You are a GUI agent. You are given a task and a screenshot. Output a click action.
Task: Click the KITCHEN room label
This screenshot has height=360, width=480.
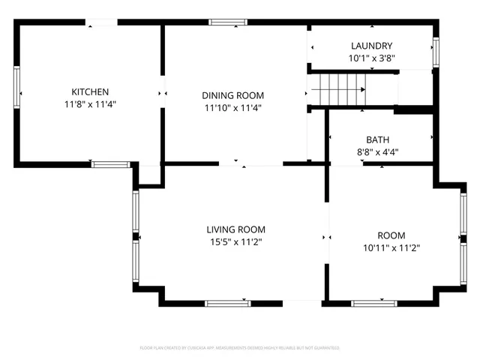point(91,91)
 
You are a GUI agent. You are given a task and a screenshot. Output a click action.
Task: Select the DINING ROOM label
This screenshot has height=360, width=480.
point(232,95)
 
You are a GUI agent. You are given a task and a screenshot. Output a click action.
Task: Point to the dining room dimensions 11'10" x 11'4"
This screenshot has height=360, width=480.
point(232,107)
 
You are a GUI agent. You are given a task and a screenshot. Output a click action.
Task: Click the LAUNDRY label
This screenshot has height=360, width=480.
point(371,46)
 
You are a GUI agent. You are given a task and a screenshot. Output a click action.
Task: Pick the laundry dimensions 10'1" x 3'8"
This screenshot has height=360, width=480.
point(371,58)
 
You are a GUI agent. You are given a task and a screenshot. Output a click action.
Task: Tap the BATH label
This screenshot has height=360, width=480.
point(377,139)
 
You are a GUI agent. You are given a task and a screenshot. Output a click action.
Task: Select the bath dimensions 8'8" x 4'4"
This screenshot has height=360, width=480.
point(377,151)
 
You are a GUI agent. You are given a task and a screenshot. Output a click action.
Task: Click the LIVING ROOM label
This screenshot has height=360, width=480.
point(236,229)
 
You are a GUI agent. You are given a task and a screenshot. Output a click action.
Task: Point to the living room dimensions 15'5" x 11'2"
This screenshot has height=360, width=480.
point(236,241)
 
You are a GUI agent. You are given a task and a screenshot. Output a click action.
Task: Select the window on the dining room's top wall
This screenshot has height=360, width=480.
point(229,22)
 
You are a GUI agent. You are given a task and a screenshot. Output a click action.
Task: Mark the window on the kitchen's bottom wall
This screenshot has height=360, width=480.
point(109,163)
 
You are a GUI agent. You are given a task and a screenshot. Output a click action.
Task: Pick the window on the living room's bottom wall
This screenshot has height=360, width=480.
point(227,303)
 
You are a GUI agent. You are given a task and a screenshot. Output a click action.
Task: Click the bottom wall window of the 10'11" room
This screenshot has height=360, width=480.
point(374,303)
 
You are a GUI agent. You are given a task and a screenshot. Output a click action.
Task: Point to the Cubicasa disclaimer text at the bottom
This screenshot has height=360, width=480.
point(240,348)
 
